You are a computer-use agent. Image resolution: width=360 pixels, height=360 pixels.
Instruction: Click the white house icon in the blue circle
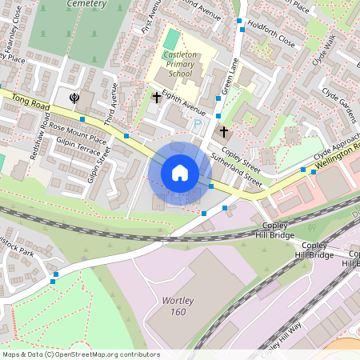tap(180, 173)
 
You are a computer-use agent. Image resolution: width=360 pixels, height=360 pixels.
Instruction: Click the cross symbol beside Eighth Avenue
tap(157, 98)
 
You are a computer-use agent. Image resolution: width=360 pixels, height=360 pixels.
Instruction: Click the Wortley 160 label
tap(168, 306)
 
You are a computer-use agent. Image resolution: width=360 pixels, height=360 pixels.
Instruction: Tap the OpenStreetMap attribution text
tap(81, 354)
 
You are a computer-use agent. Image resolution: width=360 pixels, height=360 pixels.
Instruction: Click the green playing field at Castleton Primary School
tap(172, 38)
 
